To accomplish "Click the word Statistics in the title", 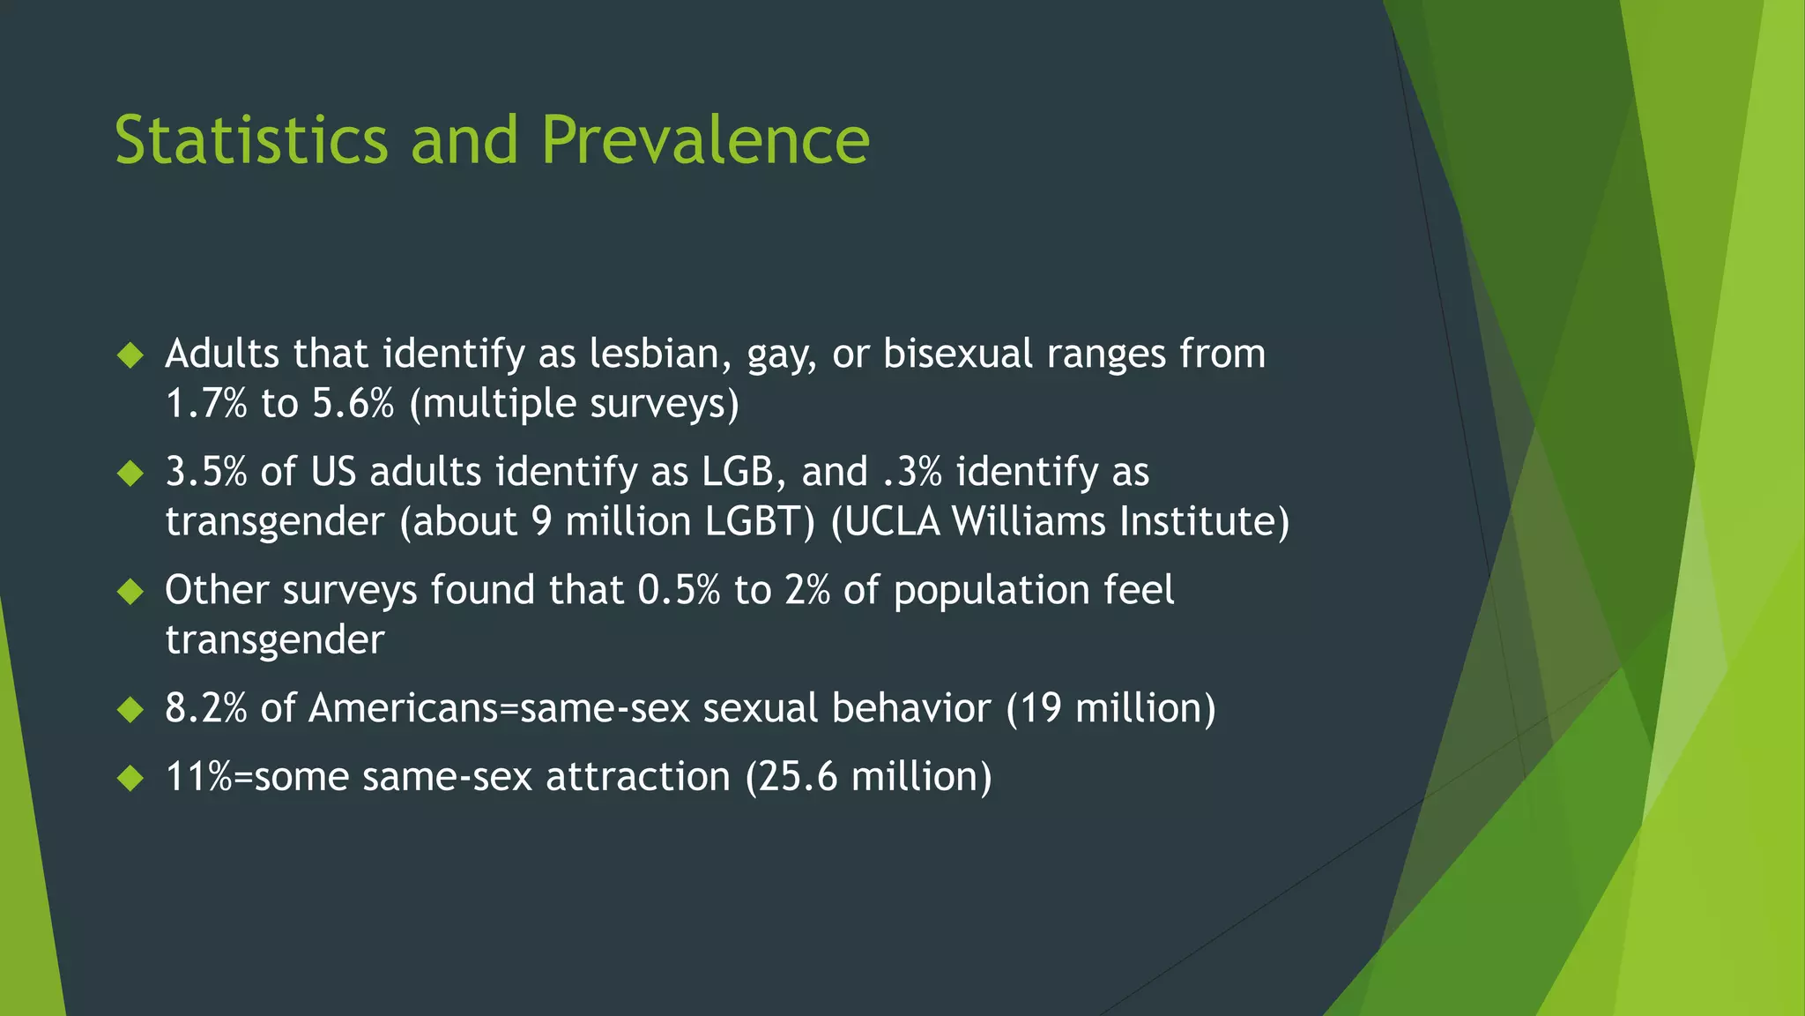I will pos(251,141).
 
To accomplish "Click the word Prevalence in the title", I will pos(705,141).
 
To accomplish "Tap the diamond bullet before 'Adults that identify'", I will pos(130,355).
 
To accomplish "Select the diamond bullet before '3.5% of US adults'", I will pos(130,474).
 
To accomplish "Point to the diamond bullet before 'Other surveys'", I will pos(130,592).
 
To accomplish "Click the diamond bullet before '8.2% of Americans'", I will pos(130,710).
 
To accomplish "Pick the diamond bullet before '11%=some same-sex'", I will pos(130,779).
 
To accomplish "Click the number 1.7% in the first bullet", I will pos(206,404).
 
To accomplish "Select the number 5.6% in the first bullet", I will pos(353,404).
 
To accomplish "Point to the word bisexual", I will pos(958,355).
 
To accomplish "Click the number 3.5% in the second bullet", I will pos(206,473).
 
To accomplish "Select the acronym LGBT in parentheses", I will pos(760,522).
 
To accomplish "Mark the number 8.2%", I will pos(206,709).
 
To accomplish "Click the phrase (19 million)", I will pos(1110,709).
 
